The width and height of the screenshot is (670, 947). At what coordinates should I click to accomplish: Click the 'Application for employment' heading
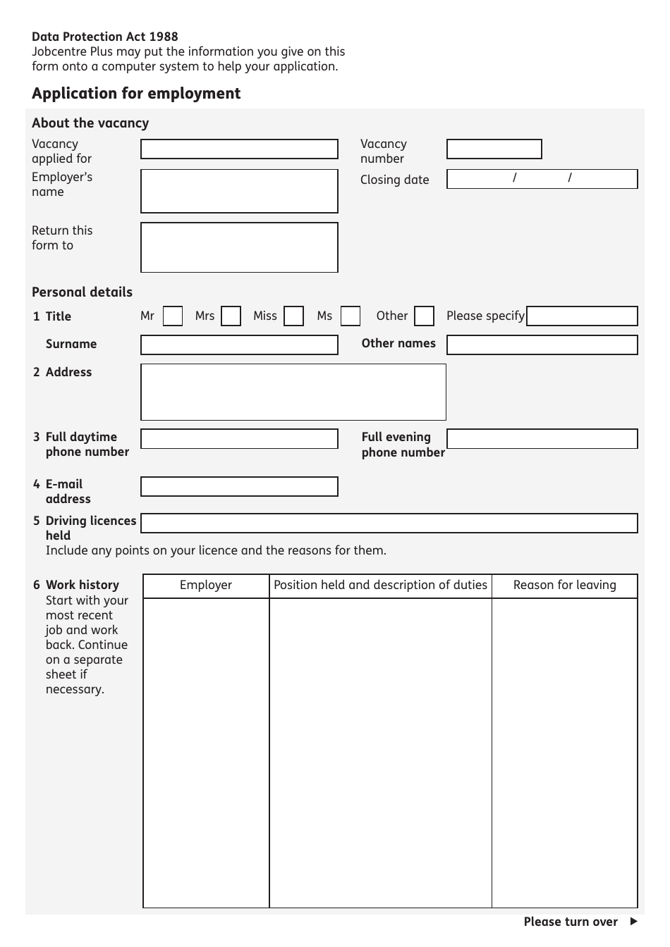pyautogui.click(x=136, y=94)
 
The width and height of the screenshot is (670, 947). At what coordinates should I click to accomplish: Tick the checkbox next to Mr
pyautogui.click(x=173, y=316)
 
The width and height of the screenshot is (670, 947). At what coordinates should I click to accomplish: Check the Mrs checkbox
pyautogui.click(x=231, y=316)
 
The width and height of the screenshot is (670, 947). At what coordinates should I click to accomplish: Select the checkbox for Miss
pyautogui.click(x=293, y=316)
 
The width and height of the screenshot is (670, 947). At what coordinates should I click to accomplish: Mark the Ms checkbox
pyautogui.click(x=351, y=316)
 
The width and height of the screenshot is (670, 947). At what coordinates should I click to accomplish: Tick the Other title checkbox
pyautogui.click(x=424, y=316)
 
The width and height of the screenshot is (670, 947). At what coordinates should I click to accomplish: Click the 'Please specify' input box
pyautogui.click(x=582, y=316)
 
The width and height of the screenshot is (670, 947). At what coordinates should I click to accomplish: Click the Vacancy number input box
pyautogui.click(x=494, y=149)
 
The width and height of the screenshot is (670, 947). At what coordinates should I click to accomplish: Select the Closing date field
pyautogui.click(x=542, y=179)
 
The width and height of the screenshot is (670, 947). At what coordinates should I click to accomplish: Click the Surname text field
pyautogui.click(x=239, y=345)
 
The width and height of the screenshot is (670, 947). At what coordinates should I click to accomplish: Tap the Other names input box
pyautogui.click(x=542, y=345)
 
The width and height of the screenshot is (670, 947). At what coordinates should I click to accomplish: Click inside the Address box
pyautogui.click(x=293, y=392)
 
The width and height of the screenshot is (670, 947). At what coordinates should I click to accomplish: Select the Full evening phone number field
pyautogui.click(x=542, y=439)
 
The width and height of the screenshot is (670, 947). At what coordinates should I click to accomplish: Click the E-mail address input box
pyautogui.click(x=239, y=486)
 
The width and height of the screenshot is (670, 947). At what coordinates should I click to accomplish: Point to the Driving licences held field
pyautogui.click(x=389, y=523)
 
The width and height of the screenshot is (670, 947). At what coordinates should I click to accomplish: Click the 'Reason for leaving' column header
pyautogui.click(x=564, y=586)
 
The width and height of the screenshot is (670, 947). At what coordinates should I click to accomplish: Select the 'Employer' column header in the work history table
pyautogui.click(x=206, y=586)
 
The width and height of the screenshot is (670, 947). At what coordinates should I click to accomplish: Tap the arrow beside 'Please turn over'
pyautogui.click(x=633, y=922)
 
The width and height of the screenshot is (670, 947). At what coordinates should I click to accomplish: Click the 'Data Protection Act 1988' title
pyautogui.click(x=105, y=37)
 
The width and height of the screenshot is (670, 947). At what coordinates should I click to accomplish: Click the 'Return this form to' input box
pyautogui.click(x=239, y=247)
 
